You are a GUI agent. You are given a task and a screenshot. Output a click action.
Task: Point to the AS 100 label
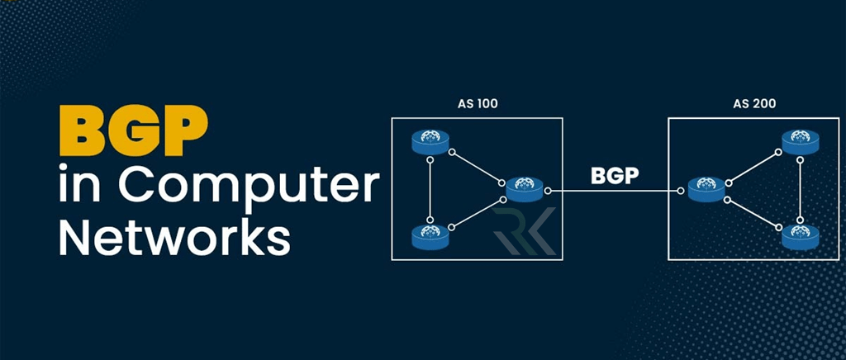[478, 105]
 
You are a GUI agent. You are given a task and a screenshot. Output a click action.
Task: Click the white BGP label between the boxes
[615, 176]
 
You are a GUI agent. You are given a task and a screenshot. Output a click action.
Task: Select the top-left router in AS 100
[430, 143]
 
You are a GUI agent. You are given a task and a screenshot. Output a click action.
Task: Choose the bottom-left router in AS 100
[430, 237]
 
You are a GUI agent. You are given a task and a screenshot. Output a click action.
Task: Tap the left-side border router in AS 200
[706, 190]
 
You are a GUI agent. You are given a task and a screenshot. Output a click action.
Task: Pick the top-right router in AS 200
[800, 143]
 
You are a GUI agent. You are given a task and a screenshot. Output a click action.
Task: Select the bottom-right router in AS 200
[800, 236]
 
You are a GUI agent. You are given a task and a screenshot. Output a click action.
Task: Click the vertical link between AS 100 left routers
[430, 190]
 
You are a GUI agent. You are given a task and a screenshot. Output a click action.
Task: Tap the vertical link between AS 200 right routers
[800, 190]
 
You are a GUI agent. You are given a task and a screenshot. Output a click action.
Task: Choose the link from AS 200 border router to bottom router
[753, 212]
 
